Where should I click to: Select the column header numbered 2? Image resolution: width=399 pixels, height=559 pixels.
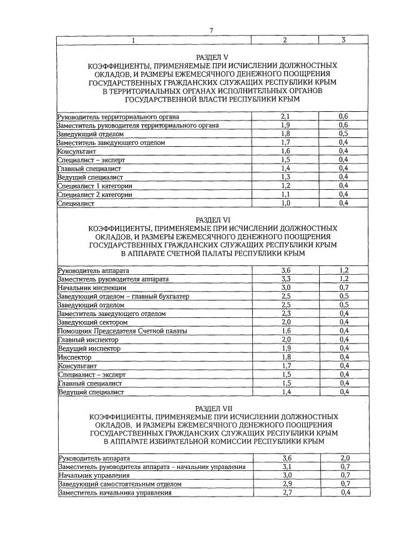point(285,41)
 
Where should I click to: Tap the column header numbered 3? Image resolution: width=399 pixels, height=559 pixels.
point(343,41)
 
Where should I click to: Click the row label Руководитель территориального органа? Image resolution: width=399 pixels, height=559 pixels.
point(118,117)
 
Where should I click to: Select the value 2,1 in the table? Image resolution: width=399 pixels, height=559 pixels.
point(285,117)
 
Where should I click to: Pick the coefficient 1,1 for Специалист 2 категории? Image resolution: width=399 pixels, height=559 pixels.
point(285,194)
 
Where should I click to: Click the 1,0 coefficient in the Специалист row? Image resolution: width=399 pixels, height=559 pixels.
point(285,203)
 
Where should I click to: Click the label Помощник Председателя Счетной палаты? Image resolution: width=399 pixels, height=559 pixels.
point(122,331)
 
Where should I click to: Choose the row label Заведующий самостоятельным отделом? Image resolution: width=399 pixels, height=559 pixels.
point(119,484)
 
